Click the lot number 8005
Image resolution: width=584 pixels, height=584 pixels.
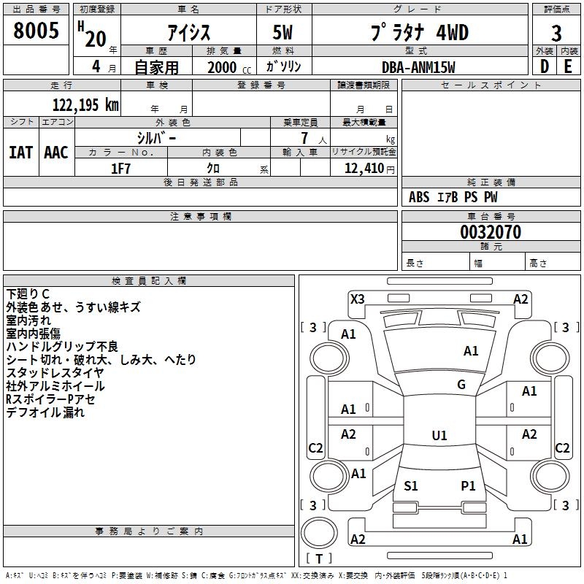click(x=36, y=30)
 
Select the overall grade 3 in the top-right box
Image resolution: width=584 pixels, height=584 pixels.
click(x=556, y=33)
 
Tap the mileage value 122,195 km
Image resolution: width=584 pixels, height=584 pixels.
click(x=85, y=104)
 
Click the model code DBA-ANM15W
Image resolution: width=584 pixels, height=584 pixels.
click(x=418, y=67)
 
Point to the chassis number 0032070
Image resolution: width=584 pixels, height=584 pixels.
click(x=491, y=231)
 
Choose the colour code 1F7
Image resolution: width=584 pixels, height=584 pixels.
click(x=120, y=169)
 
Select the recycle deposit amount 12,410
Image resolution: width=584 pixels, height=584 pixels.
click(x=364, y=168)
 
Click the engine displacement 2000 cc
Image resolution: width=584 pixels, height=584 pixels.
click(x=229, y=67)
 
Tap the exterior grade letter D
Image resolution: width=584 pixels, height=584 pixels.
click(x=545, y=66)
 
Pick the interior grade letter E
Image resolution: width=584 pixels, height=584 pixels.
click(x=568, y=66)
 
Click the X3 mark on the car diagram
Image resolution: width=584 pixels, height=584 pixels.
click(x=358, y=299)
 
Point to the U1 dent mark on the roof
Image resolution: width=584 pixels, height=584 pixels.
click(x=439, y=435)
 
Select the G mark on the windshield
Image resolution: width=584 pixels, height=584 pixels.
click(x=461, y=384)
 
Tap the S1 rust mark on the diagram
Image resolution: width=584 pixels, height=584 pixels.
click(x=411, y=485)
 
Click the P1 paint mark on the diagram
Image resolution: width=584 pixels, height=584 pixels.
click(x=468, y=485)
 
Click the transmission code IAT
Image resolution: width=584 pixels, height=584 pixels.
click(x=20, y=153)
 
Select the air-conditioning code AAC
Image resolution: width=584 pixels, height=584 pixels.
click(x=56, y=153)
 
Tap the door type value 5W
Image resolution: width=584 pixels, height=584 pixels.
click(x=283, y=32)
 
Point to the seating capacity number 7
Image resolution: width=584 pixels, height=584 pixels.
click(x=304, y=138)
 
